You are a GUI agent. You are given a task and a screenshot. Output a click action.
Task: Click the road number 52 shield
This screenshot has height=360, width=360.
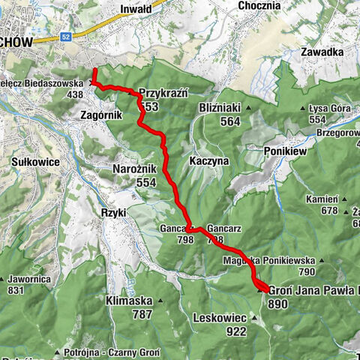tap(66, 37)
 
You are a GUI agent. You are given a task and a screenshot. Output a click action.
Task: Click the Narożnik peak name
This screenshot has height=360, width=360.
tap(134, 169)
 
